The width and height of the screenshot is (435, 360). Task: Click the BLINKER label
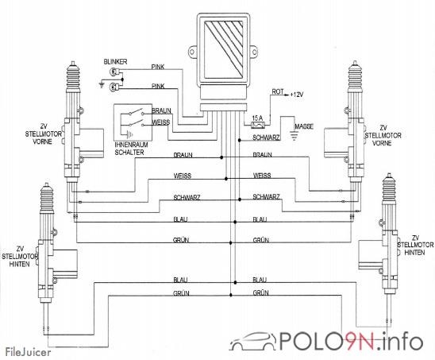[115, 61]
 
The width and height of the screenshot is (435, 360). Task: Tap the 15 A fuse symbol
[258, 125]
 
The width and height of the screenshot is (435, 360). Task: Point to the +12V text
[297, 95]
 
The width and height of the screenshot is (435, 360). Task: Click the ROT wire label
[278, 91]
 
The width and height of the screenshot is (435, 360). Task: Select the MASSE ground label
[304, 126]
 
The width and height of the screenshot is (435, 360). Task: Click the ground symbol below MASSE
[294, 136]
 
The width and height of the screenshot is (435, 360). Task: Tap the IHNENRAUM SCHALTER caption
[131, 149]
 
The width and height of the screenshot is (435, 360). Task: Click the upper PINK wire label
[158, 67]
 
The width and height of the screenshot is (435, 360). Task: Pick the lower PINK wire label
[158, 86]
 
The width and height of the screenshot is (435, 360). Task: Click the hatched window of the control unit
[223, 50]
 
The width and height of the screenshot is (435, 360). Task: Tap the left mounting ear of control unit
[192, 52]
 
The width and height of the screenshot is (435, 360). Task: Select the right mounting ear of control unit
[254, 52]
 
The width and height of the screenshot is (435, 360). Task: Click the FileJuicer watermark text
[29, 352]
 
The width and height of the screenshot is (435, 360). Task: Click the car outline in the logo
[253, 341]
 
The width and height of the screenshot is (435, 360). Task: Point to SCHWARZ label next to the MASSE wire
[266, 137]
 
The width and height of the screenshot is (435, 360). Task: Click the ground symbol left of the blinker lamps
[102, 84]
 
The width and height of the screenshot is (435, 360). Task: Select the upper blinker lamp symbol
[114, 72]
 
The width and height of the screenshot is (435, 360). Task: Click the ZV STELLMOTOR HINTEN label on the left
[19, 257]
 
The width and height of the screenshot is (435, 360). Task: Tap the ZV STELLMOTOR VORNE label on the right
[383, 135]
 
